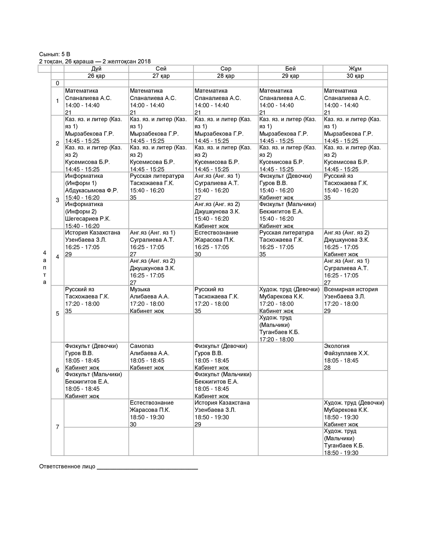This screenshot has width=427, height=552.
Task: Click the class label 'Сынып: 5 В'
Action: [x=54, y=54]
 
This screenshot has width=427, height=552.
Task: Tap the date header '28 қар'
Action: [x=226, y=76]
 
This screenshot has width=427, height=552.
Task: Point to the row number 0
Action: [x=57, y=83]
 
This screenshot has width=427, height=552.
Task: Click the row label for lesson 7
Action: [x=57, y=427]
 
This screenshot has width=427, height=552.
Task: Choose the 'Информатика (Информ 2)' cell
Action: [x=96, y=215]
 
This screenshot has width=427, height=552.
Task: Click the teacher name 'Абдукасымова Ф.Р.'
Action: [x=92, y=190]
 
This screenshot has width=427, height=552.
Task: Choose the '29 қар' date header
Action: [x=290, y=76]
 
